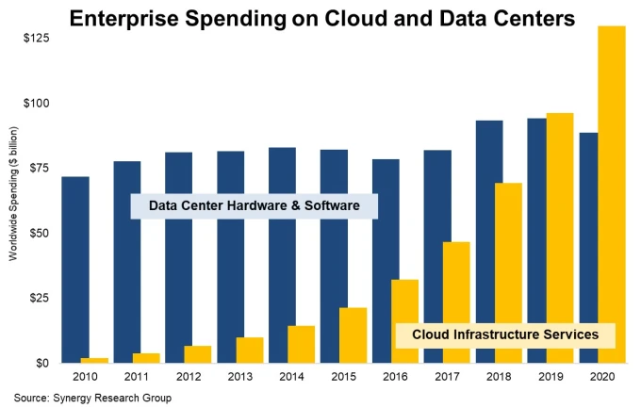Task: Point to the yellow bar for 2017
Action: pos(456,302)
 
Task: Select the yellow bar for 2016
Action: pos(404,320)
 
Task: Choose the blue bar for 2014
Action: pos(282,254)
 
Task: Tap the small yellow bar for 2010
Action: pos(94,360)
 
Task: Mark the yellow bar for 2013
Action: pos(249,350)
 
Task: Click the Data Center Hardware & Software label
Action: pos(254,205)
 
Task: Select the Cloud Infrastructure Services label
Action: pos(504,335)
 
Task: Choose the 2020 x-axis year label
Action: pos(601,377)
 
